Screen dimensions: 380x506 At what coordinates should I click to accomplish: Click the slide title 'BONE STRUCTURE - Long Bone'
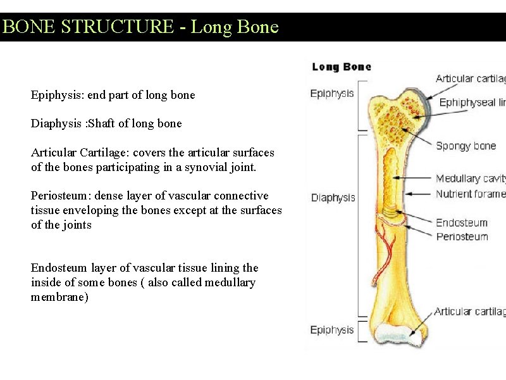(x=140, y=27)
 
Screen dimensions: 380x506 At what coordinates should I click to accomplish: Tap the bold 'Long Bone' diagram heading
(x=342, y=66)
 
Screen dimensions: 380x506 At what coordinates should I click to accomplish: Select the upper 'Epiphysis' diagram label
(x=332, y=94)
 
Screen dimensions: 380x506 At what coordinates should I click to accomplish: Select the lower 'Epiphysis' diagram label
(x=332, y=330)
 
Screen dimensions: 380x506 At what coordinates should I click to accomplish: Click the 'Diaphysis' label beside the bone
(x=333, y=198)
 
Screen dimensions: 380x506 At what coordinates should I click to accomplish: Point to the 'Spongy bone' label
(x=466, y=146)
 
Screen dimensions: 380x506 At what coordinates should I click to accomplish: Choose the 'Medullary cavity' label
(x=471, y=179)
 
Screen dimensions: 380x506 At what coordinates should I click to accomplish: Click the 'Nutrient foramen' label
(x=471, y=194)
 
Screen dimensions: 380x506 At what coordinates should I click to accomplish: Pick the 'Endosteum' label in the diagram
(x=462, y=223)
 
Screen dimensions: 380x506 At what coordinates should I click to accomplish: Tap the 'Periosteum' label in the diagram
(x=462, y=237)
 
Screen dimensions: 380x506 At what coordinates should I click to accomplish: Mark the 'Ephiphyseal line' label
(x=472, y=103)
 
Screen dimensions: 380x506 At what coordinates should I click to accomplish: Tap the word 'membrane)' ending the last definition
(x=59, y=297)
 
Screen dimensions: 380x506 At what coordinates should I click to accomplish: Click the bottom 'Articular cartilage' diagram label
(x=470, y=312)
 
